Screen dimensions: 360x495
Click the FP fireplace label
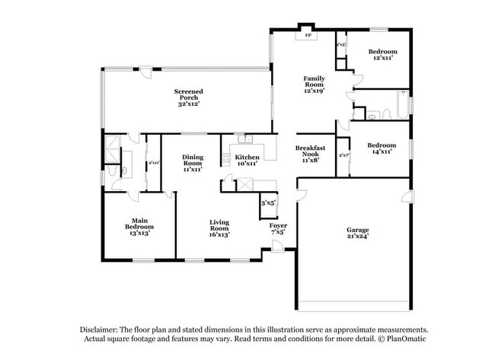click(x=308, y=35)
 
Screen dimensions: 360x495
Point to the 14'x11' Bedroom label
click(x=381, y=148)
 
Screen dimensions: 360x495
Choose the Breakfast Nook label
click(x=310, y=153)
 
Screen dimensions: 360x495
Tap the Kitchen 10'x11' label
click(x=247, y=159)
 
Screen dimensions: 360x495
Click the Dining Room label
click(x=192, y=163)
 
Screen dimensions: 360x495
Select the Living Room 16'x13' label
click(x=219, y=228)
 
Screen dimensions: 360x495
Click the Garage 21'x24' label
click(x=357, y=232)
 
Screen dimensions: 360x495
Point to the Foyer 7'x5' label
click(x=278, y=228)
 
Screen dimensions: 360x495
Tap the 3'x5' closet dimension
click(x=268, y=203)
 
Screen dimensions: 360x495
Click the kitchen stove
click(x=226, y=158)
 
